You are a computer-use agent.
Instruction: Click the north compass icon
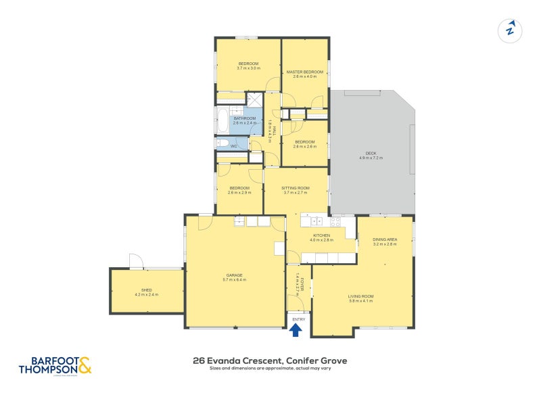(511, 30)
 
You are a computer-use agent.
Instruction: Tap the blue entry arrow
(296, 329)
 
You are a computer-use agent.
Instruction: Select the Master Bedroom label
(304, 72)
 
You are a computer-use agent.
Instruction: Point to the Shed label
(147, 290)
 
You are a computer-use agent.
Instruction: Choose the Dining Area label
(384, 239)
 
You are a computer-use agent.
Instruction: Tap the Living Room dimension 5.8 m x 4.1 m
(360, 301)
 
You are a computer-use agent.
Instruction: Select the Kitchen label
(322, 235)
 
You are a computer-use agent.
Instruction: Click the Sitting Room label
(295, 187)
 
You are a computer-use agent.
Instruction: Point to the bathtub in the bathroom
(222, 122)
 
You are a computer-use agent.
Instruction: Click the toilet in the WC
(222, 143)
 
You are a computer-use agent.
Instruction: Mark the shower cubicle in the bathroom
(253, 99)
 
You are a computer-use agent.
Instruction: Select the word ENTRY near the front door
(298, 319)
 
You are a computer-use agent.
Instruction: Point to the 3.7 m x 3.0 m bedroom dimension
(248, 68)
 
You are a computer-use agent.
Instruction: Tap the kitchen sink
(315, 220)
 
